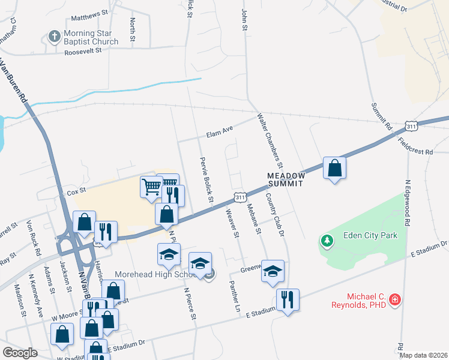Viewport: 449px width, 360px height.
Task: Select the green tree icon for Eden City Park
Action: pyautogui.click(x=327, y=241)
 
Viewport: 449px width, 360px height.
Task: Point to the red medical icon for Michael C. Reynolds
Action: pyautogui.click(x=395, y=299)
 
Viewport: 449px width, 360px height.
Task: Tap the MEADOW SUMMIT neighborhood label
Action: pyautogui.click(x=287, y=179)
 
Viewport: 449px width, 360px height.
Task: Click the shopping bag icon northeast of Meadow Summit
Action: pyautogui.click(x=334, y=169)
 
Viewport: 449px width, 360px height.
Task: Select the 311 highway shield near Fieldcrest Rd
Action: pyautogui.click(x=411, y=127)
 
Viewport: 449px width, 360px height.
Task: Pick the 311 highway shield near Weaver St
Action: pyautogui.click(x=239, y=197)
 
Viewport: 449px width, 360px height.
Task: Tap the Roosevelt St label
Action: pyautogui.click(x=83, y=51)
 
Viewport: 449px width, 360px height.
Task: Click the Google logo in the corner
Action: pyautogui.click(x=20, y=353)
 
